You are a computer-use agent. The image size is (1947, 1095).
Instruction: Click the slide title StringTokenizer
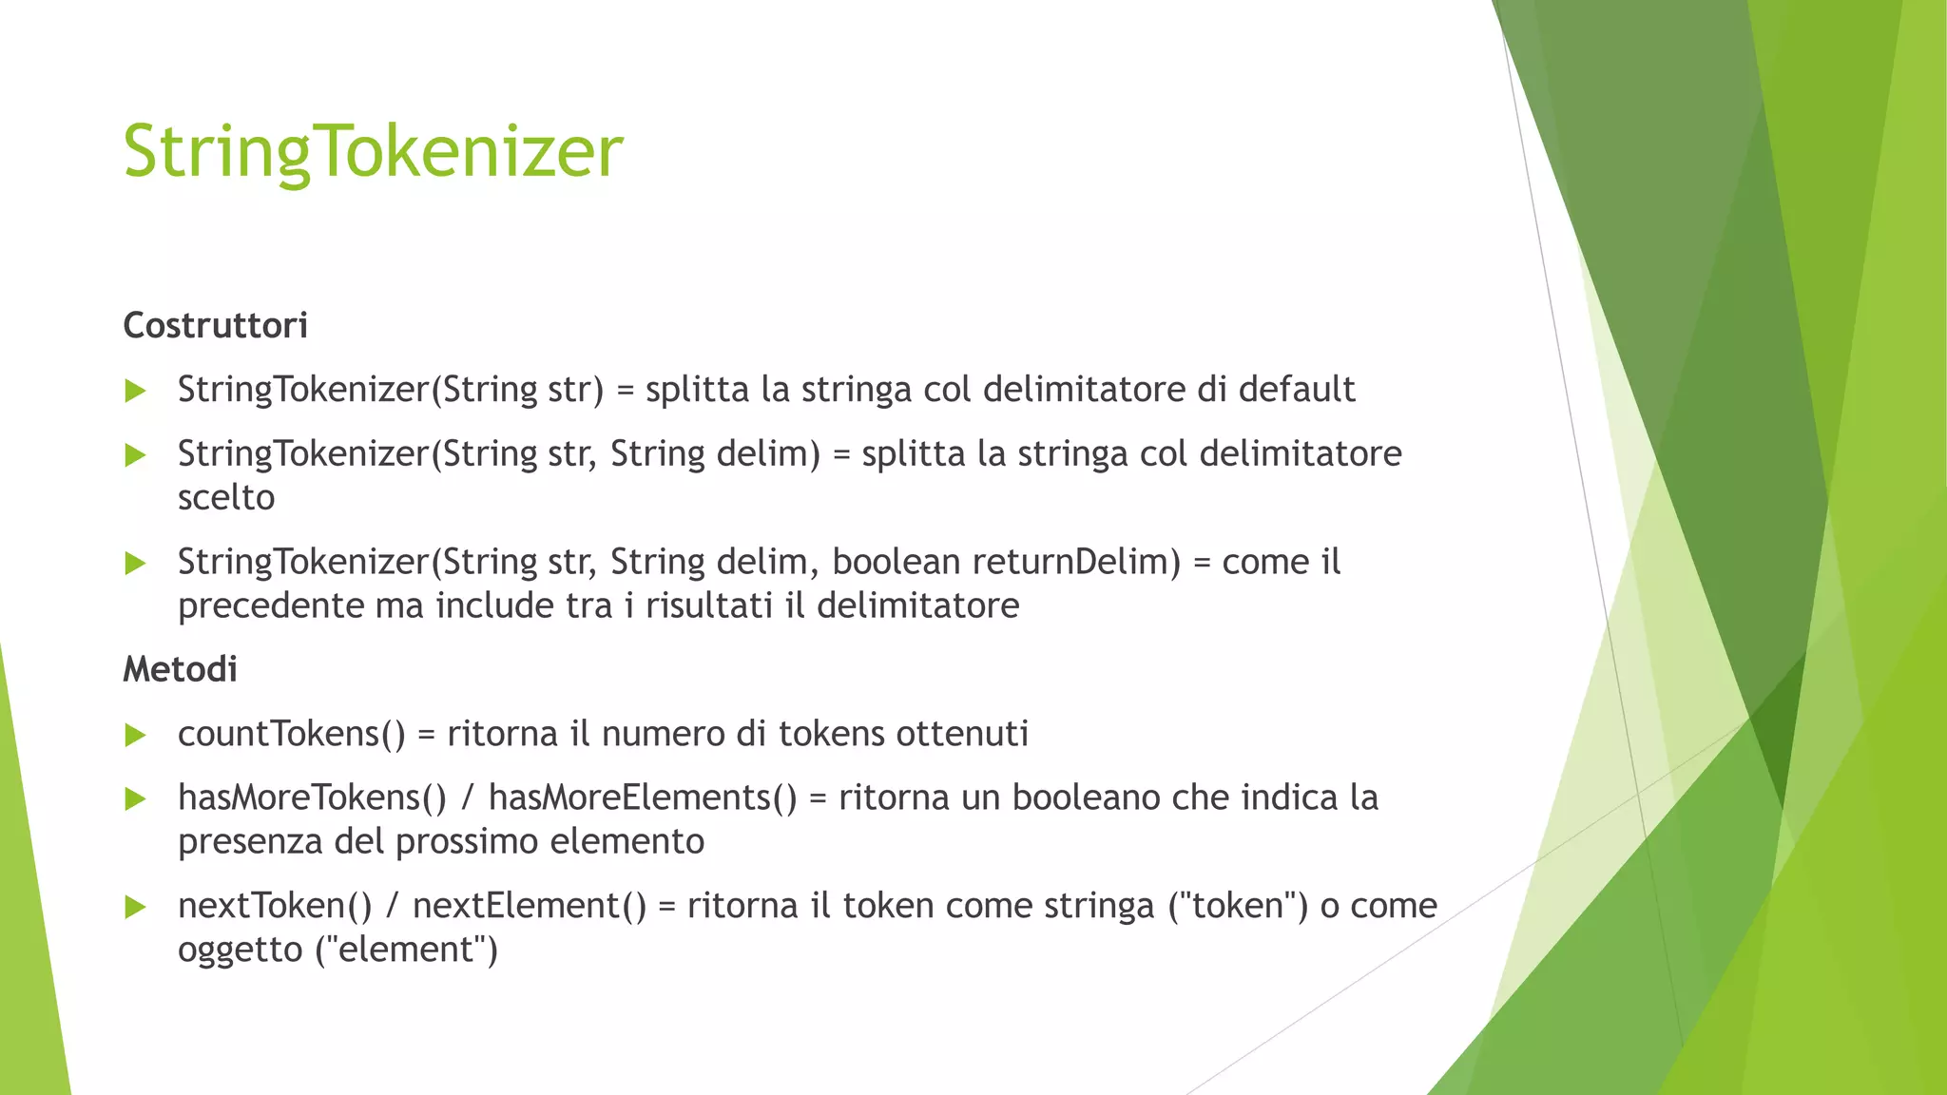coord(373,152)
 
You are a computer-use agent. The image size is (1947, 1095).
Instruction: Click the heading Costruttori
coord(216,326)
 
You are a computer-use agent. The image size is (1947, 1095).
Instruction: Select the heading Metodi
coord(180,670)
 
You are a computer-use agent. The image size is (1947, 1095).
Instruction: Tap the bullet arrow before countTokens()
coord(136,735)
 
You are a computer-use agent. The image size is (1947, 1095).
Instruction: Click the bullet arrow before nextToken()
coord(136,907)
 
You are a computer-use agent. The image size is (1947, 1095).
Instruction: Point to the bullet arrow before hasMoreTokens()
coord(136,798)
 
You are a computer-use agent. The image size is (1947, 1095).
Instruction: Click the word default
coord(1297,390)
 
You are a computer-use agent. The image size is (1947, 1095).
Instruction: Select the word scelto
coord(226,498)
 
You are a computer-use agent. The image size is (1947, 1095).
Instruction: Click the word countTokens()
coord(292,735)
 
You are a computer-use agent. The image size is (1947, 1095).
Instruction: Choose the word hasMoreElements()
coord(643,798)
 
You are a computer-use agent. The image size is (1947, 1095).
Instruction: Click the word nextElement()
coord(530,906)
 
